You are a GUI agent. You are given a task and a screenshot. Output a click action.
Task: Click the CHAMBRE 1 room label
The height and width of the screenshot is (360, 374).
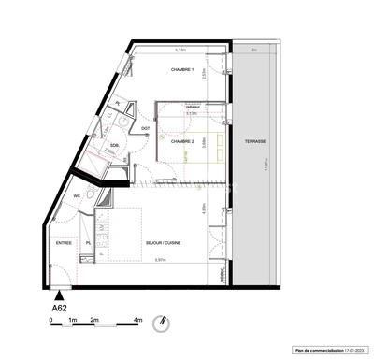click(x=181, y=69)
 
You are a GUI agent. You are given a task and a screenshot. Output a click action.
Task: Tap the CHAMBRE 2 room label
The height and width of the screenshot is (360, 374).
click(x=181, y=141)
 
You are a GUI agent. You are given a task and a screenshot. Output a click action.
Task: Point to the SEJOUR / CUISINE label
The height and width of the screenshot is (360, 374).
click(x=164, y=243)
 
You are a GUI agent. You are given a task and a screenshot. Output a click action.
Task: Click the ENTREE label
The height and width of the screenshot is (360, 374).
click(x=64, y=243)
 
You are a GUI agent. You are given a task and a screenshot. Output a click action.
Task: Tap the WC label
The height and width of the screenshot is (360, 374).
click(x=65, y=197)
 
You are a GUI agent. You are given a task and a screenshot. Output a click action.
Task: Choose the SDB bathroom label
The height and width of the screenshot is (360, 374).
click(x=114, y=147)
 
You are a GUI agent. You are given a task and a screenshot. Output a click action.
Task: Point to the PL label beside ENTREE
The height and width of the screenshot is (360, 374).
click(x=88, y=243)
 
